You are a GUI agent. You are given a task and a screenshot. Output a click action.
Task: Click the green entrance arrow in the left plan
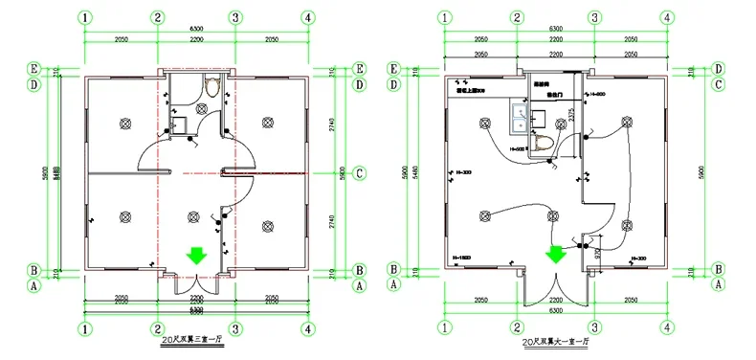click(195, 255)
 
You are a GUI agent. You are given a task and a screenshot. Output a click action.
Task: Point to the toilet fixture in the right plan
click(544, 144)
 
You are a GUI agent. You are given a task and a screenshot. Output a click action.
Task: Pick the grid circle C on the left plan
click(359, 173)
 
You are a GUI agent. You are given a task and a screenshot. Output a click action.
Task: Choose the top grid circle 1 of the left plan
click(86, 17)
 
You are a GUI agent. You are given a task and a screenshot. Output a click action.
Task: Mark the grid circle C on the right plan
click(717, 84)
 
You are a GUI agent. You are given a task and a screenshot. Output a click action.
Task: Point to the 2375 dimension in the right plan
click(571, 117)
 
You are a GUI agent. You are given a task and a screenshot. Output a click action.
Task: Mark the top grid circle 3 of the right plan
click(594, 17)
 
